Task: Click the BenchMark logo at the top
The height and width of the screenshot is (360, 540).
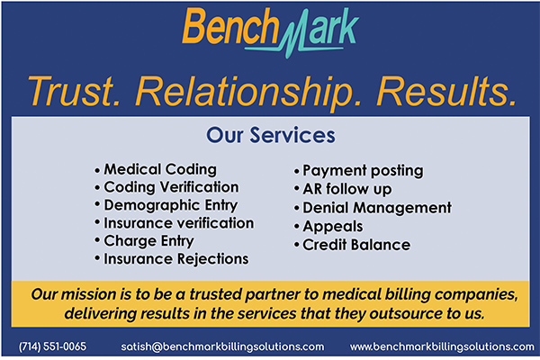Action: [270, 31]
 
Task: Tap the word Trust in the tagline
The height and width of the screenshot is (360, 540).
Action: [75, 91]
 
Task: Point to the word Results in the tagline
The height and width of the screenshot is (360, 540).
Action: [447, 91]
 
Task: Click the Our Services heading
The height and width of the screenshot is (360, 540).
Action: [271, 135]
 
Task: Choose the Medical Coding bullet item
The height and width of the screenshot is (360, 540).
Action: [160, 169]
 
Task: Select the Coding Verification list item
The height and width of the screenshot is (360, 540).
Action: [171, 187]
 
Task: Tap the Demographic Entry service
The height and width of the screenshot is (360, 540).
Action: [171, 205]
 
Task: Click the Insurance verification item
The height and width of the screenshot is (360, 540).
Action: [179, 223]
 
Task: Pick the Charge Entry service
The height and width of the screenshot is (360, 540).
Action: [148, 241]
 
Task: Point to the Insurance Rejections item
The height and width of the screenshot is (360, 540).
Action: [176, 259]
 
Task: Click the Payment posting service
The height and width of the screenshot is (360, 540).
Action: [363, 171]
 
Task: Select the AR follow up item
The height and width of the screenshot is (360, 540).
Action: [347, 189]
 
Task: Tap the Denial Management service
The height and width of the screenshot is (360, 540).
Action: [377, 208]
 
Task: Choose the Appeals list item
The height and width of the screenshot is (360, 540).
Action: [333, 227]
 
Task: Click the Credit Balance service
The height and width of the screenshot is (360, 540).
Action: [356, 245]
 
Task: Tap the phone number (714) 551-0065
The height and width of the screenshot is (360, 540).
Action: [53, 346]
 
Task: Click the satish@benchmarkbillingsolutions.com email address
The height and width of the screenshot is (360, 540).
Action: [222, 346]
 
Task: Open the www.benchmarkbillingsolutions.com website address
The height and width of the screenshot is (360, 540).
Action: [442, 346]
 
